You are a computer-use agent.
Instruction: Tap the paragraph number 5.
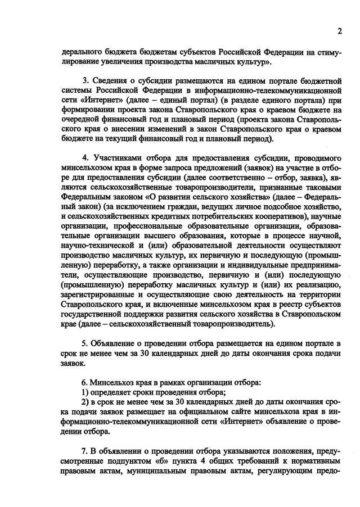click(x=84, y=343)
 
